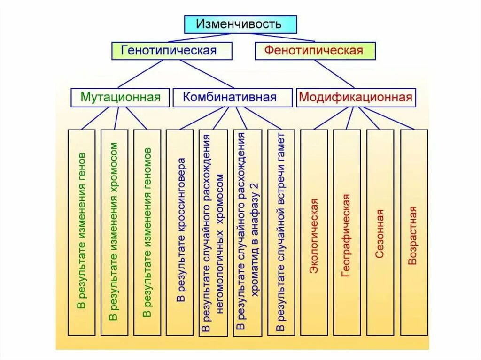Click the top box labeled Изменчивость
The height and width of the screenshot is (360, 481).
tap(240, 24)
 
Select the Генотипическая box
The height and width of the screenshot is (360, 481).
tap(171, 51)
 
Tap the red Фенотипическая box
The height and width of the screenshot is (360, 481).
tap(315, 51)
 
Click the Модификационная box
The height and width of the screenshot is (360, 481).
tap(356, 98)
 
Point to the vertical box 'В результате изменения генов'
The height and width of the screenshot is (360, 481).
tap(82, 232)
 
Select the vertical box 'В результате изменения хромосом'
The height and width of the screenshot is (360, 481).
tap(114, 232)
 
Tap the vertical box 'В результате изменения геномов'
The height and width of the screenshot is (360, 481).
tap(147, 232)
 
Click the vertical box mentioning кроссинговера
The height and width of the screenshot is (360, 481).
tap(179, 232)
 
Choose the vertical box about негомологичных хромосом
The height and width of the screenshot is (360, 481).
tap(213, 232)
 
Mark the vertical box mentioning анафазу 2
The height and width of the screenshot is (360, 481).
tap(247, 232)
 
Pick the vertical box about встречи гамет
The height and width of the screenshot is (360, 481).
tap(281, 232)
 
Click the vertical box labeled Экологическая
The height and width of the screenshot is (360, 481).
tap(314, 232)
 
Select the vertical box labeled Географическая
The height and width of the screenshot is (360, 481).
tap(347, 232)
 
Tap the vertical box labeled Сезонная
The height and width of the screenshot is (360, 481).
tap(380, 232)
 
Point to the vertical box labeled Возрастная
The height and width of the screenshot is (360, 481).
tap(414, 232)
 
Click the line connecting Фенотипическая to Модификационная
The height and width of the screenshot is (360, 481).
tap(334, 74)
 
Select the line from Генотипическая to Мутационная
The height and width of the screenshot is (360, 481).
tap(141, 74)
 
